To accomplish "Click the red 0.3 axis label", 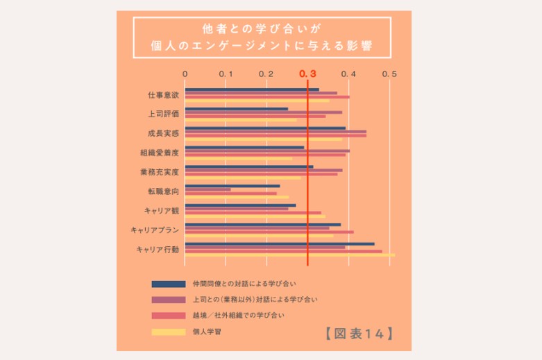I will point(307,74).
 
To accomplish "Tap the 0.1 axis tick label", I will point(225,74).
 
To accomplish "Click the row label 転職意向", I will point(164,191).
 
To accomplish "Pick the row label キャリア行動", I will point(158,249).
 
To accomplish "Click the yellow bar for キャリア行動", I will point(289,255).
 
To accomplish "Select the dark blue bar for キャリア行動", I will point(279,243).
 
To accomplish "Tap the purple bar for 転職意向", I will point(208,189).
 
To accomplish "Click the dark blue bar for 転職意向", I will point(232,185).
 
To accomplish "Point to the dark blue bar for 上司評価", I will point(236,108).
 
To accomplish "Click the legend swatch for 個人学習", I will point(168,332).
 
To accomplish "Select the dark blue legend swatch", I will point(168,284).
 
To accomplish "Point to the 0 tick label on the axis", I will point(185,74).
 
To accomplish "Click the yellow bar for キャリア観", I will point(255,216).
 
